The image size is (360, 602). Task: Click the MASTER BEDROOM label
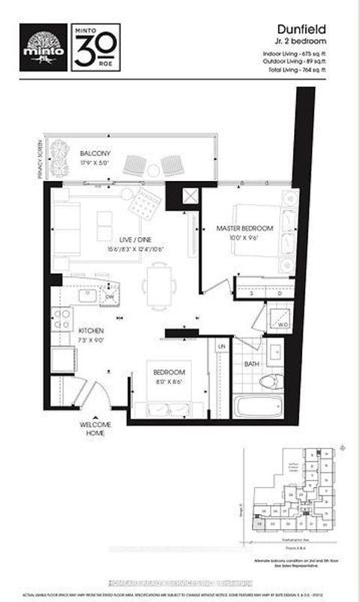tap(244, 227)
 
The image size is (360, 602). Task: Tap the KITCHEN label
tap(87, 330)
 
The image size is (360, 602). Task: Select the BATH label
tap(251, 365)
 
